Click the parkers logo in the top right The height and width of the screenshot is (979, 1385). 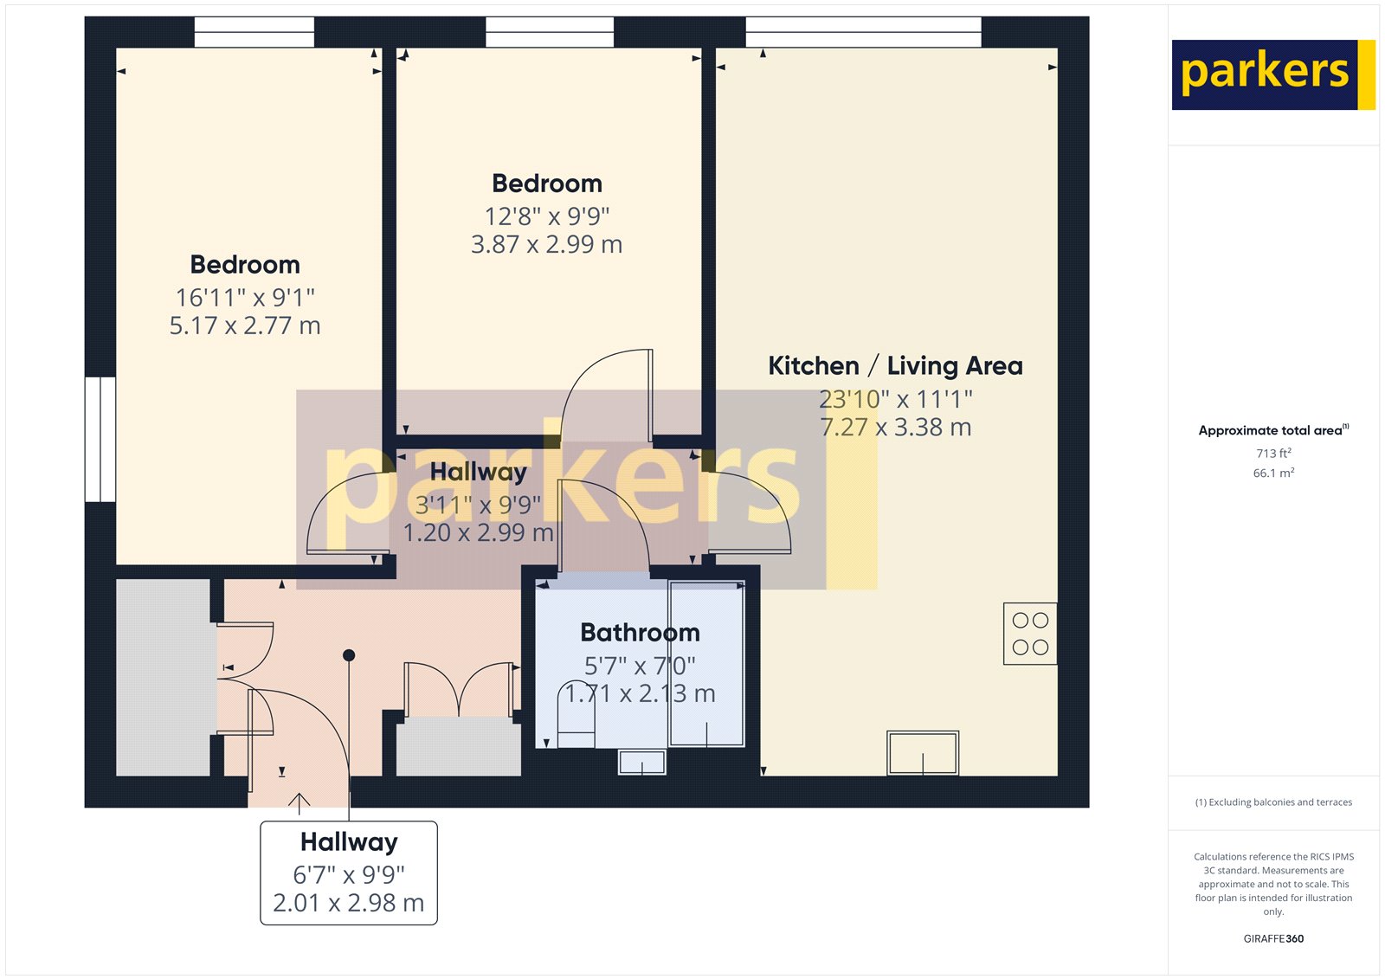tap(1272, 74)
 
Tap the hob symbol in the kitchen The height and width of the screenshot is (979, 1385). tap(1030, 634)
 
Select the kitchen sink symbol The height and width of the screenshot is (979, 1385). tap(923, 753)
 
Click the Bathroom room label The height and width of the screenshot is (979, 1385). tap(640, 633)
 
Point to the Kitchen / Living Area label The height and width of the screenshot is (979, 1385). tap(895, 366)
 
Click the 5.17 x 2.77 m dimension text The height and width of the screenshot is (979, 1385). tap(245, 326)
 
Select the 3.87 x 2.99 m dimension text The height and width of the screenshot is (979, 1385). tap(546, 245)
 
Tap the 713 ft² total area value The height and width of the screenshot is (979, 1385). tap(1273, 454)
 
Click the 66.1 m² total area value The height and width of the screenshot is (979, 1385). tap(1273, 473)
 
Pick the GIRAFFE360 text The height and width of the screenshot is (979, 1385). tap(1273, 938)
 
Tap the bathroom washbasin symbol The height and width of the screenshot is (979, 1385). tap(641, 763)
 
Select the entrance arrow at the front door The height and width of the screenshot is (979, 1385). tap(299, 803)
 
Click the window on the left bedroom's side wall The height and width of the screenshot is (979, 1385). tap(100, 440)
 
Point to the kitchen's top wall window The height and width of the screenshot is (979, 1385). tap(863, 33)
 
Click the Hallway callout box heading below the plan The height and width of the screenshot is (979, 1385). tap(349, 842)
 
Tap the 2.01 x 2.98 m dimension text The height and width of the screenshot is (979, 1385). tap(349, 904)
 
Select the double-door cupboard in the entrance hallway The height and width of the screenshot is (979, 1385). tap(459, 692)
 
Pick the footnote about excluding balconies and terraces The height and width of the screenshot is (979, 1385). tap(1273, 802)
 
